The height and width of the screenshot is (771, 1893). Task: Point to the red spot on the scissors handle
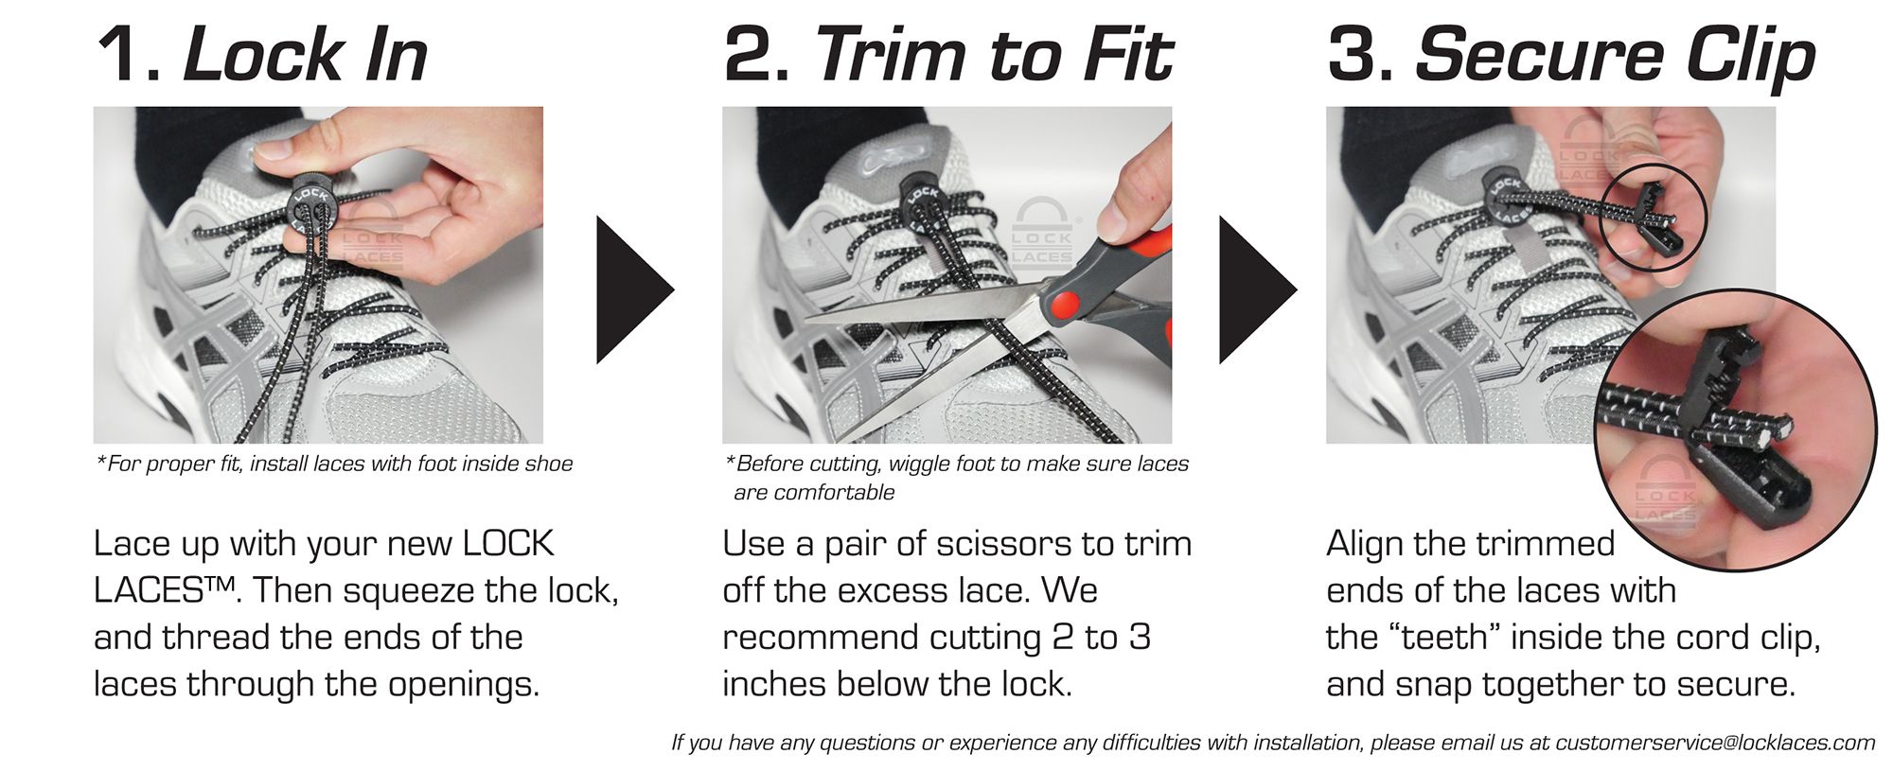pos(1062,305)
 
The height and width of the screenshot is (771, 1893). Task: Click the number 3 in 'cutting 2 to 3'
pos(1140,638)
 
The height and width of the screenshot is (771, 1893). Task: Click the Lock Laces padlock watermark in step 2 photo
pos(1041,233)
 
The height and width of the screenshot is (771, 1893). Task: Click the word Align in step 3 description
pos(1365,544)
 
